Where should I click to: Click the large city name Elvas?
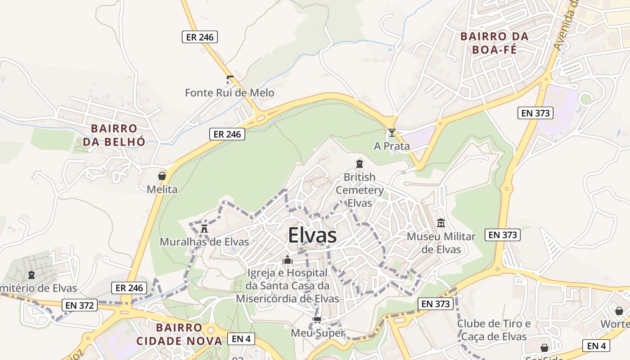click(x=312, y=235)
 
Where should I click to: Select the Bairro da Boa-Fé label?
click(x=495, y=43)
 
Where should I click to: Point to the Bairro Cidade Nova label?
click(x=179, y=334)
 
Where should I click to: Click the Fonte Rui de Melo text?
click(x=229, y=93)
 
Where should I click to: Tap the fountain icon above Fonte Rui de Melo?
click(x=230, y=80)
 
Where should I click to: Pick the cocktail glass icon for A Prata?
click(x=392, y=133)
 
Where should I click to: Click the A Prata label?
click(x=392, y=146)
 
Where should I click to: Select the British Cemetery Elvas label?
click(x=360, y=190)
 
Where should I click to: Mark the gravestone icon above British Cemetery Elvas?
click(x=360, y=164)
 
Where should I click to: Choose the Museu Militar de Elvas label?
click(x=441, y=243)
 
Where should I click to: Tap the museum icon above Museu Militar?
click(x=441, y=223)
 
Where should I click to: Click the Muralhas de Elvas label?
click(x=204, y=242)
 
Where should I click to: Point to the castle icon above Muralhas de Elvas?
click(x=204, y=229)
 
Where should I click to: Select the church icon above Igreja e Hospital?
click(x=288, y=260)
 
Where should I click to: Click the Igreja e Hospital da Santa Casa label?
click(x=288, y=286)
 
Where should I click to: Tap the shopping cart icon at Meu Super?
click(x=318, y=320)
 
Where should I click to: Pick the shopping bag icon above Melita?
click(x=162, y=176)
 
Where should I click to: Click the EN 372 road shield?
click(x=80, y=306)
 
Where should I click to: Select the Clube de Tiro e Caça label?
click(x=494, y=330)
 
